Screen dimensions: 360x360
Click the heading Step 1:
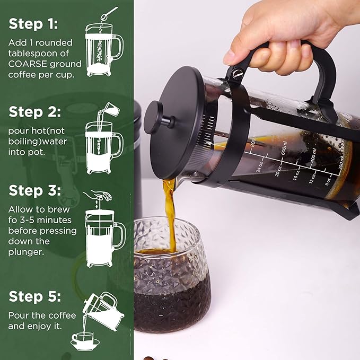(33, 24)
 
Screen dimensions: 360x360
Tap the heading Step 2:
(34, 112)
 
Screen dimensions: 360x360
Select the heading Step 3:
(34, 191)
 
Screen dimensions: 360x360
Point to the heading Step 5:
(34, 296)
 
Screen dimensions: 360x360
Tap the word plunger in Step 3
(25, 252)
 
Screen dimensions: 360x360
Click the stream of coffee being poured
(171, 212)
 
